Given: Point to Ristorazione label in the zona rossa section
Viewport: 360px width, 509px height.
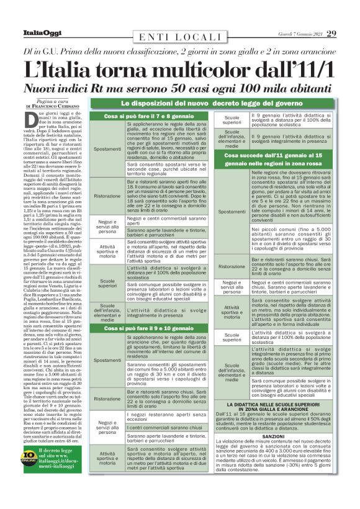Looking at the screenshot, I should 231,266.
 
